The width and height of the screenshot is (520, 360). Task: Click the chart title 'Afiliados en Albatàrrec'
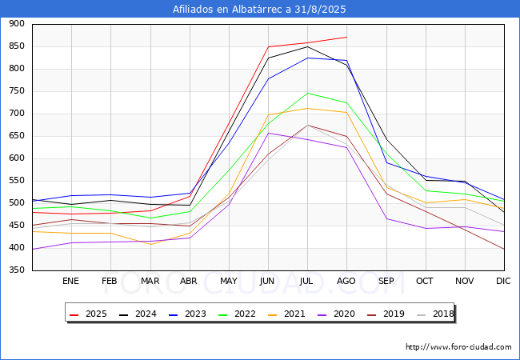(x=227, y=10)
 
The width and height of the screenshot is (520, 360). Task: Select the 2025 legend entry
(x=88, y=314)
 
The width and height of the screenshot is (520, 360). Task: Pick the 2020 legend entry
(x=336, y=314)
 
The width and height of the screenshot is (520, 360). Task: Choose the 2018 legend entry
(x=435, y=314)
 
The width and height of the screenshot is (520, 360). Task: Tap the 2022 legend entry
(x=237, y=314)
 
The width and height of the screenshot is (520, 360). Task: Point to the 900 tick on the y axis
(x=17, y=23)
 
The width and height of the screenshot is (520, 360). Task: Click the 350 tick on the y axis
(x=17, y=270)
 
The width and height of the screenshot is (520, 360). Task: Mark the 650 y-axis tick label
(x=17, y=135)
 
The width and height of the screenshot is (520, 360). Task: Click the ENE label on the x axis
(x=70, y=281)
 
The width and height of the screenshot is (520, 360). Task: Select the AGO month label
(x=346, y=281)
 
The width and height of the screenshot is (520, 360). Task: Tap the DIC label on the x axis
(x=503, y=281)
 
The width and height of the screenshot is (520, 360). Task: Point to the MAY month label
(x=229, y=281)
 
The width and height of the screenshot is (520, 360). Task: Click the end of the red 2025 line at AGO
(x=347, y=37)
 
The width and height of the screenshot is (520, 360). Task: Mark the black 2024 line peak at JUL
(x=307, y=46)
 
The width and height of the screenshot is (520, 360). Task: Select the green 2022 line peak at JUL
(x=307, y=93)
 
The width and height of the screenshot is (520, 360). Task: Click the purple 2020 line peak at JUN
(x=268, y=134)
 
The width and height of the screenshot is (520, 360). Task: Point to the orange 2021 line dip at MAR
(x=150, y=244)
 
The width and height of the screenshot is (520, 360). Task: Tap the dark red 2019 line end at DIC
(x=504, y=249)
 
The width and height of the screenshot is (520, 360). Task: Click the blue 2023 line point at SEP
(x=386, y=162)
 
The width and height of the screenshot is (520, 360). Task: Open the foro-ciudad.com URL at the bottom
(x=458, y=347)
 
